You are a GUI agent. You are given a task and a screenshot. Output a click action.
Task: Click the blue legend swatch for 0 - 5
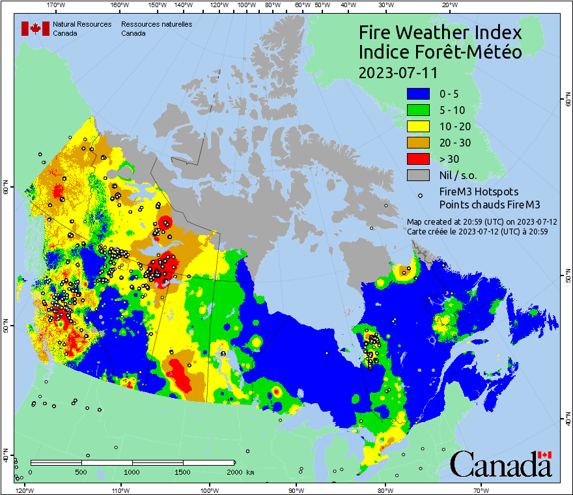(418, 94)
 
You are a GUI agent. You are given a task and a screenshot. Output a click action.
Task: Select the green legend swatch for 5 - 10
(418, 111)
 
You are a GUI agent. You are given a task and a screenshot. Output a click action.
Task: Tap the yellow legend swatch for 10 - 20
(418, 126)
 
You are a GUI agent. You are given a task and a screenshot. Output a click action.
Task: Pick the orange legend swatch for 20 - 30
(418, 143)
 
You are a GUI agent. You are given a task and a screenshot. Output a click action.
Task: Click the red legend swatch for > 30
(418, 159)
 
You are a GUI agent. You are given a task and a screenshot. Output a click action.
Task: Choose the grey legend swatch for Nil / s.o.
(418, 175)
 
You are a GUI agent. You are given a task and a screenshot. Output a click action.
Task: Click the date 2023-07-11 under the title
(398, 72)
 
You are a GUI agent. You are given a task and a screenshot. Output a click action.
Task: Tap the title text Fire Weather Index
(440, 33)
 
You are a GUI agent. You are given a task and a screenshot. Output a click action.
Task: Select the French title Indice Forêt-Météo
(440, 53)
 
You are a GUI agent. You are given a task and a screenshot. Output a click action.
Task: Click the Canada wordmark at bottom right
(501, 464)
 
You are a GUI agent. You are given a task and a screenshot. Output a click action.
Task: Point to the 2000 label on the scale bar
(234, 472)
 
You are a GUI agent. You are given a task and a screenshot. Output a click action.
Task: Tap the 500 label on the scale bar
(81, 472)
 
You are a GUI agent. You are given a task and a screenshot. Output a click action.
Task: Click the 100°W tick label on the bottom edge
(209, 489)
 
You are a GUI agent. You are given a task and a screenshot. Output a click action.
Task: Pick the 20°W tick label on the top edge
(448, 5)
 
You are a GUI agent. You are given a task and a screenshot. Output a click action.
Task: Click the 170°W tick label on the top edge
(57, 5)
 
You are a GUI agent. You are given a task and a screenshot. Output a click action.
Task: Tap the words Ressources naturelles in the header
(156, 24)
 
